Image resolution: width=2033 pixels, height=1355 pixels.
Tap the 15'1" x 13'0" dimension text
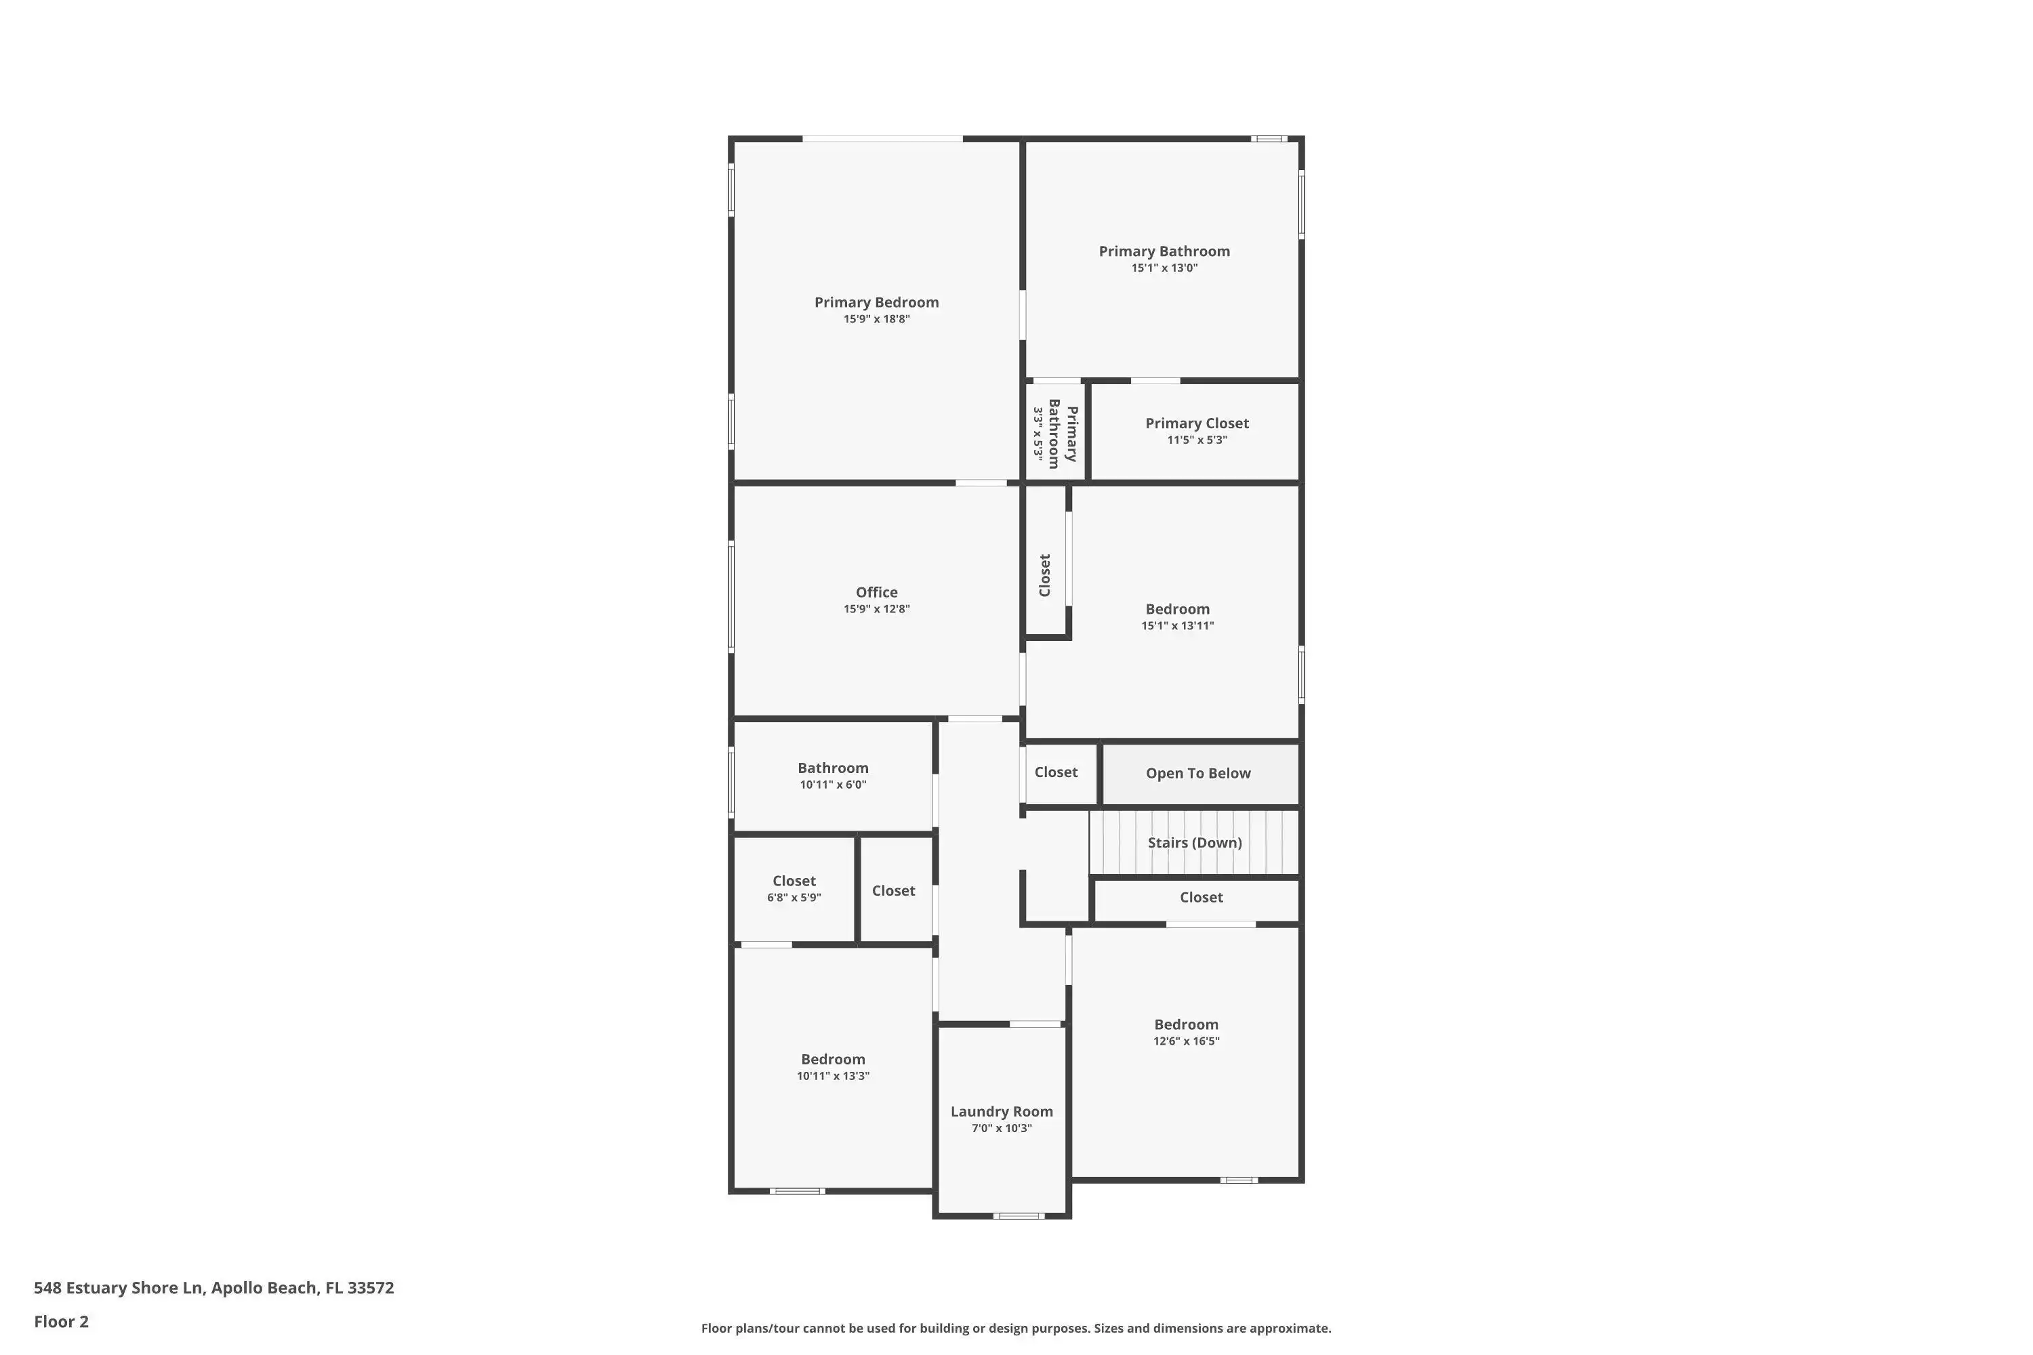pos(1164,268)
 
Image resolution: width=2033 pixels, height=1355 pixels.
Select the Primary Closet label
pos(1197,423)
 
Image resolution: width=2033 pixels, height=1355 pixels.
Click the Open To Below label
pos(1198,774)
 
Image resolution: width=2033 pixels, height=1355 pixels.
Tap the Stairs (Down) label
pos(1195,843)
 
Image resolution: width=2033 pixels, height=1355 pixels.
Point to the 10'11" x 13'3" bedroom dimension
pos(834,1076)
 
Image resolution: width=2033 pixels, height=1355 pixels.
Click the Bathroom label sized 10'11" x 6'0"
pos(834,768)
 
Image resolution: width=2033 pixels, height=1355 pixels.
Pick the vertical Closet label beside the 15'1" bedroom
pos(1045,575)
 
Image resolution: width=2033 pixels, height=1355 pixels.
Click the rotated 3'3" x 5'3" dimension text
pos(1038,434)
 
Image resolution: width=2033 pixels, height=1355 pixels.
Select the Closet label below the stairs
pos(1202,897)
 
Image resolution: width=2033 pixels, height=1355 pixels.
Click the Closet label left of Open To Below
pos(1056,772)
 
